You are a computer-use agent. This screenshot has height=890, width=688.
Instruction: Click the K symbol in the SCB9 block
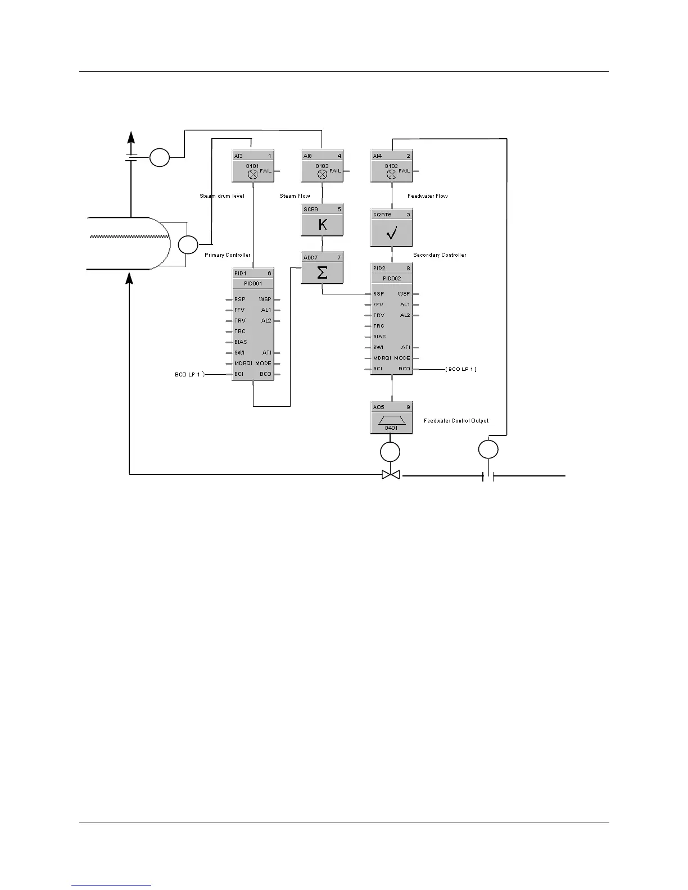[322, 225]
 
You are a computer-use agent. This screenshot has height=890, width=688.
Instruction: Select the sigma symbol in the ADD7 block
[322, 273]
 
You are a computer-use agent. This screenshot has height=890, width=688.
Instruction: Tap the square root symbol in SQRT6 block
[392, 233]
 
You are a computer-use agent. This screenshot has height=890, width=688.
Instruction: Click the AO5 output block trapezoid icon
[391, 420]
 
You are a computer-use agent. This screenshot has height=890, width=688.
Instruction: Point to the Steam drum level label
[222, 196]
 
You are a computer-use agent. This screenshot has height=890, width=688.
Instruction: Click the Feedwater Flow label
[428, 196]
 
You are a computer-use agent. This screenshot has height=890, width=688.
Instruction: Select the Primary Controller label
[228, 255]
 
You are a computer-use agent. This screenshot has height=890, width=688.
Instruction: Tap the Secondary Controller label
[440, 255]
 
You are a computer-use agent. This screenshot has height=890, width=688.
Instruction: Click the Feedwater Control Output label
[456, 420]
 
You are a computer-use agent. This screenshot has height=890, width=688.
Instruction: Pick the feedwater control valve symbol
[391, 475]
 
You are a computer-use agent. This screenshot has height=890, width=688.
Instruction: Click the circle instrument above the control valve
[390, 452]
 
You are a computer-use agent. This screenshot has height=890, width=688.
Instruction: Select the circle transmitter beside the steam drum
[188, 245]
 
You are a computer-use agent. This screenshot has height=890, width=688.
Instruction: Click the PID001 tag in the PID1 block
[253, 284]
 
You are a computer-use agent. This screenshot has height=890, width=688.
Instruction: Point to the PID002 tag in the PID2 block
[392, 279]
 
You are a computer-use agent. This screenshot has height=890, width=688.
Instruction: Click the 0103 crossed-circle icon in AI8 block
[322, 174]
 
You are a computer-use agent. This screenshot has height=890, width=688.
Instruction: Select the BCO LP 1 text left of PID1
[187, 374]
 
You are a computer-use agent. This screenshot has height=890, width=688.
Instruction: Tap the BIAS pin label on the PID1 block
[241, 342]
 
